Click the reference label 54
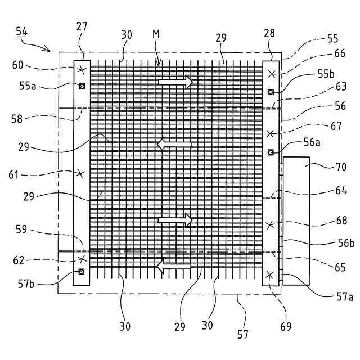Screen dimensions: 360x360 pos(22,33)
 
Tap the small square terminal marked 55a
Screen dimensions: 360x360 pos(82,86)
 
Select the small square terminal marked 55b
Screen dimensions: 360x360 pos(271,92)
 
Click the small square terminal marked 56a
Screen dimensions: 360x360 pos(271,152)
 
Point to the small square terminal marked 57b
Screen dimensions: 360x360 pos(82,272)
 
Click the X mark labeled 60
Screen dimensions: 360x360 pos(82,70)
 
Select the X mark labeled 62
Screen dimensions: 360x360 pos(82,259)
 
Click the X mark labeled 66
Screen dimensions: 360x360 pos(271,74)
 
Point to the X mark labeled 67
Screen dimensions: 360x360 pos(271,133)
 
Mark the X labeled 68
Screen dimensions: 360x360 pos(271,224)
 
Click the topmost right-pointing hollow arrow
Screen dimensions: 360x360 pos(175,83)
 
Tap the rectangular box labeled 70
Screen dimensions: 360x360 pos(296,221)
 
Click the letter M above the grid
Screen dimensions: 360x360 pos(156,35)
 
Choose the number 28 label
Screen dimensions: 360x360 pos(269,33)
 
